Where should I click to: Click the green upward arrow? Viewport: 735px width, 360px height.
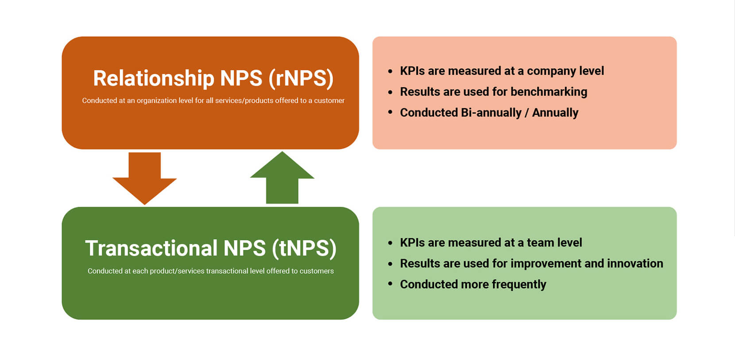(x=282, y=178)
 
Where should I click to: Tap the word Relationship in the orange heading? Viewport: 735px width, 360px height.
(x=154, y=79)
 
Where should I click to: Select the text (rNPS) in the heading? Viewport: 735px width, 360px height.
(x=301, y=79)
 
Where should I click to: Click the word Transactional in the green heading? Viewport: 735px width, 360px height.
(x=151, y=248)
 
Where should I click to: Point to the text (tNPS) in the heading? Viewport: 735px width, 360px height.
(x=304, y=248)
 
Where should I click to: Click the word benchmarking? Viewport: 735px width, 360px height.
(x=549, y=92)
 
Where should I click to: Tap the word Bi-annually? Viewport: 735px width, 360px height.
(x=491, y=113)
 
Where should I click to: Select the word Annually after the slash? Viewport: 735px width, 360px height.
(x=555, y=113)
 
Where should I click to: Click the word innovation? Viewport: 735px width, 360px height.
(x=635, y=263)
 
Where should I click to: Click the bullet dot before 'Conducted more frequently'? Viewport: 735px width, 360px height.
(x=390, y=283)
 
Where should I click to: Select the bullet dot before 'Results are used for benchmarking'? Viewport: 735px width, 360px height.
(x=390, y=93)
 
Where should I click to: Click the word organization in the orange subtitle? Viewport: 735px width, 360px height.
(x=157, y=101)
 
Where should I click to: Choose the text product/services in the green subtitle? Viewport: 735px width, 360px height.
(x=177, y=271)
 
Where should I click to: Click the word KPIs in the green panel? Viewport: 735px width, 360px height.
(x=413, y=243)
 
